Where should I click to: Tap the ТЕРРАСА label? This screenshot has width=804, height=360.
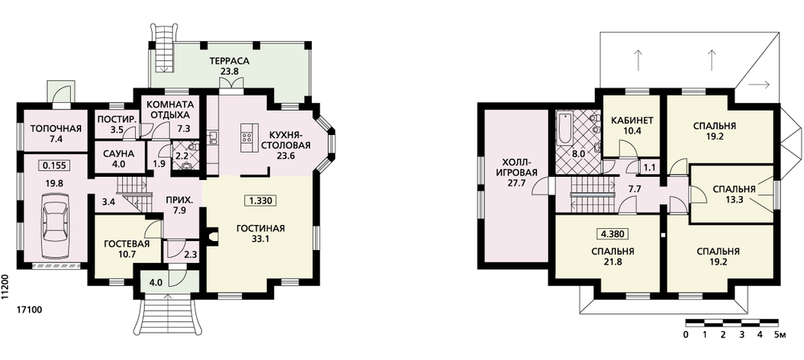[x=228, y=61]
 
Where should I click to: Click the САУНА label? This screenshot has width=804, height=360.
[x=118, y=153]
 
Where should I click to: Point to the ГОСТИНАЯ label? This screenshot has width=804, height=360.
[x=260, y=229]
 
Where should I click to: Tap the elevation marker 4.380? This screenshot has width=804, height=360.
[x=613, y=235]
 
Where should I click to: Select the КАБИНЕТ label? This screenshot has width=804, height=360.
[x=632, y=121]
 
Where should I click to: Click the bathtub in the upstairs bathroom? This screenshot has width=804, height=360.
[x=564, y=129]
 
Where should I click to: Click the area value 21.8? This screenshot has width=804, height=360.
[x=613, y=262]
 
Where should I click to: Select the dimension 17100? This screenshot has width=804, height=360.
[x=29, y=309]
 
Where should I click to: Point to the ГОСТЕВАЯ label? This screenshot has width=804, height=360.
[x=126, y=243]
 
